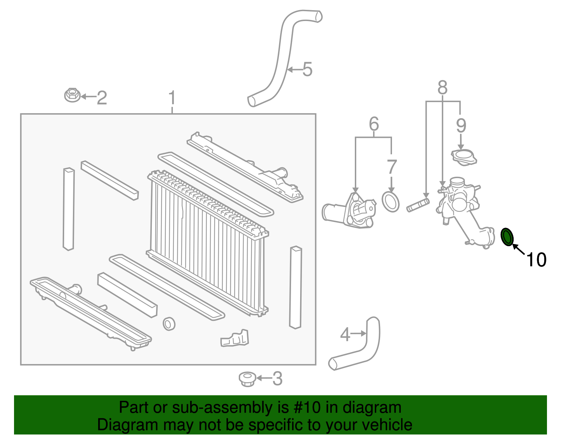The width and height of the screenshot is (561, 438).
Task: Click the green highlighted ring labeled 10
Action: coord(507,237)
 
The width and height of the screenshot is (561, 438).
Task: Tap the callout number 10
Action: coord(536,260)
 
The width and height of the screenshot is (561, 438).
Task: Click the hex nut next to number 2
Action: coord(72,95)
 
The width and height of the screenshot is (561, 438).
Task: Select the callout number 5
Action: coord(307,69)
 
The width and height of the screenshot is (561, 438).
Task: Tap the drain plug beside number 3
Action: coord(248,379)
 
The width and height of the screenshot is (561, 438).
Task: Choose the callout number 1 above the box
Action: coord(172,98)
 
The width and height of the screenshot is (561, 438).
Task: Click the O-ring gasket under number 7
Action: coord(391,202)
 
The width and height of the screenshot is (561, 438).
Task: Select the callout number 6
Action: coord(374,124)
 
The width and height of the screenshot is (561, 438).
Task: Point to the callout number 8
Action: coord(442,88)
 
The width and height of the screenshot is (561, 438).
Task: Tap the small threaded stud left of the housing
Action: coord(418,205)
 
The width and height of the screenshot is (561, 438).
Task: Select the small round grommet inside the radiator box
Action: coord(169,323)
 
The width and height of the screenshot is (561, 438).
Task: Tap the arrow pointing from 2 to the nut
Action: coord(88,96)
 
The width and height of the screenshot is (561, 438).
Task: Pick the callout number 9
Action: coord(461,126)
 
